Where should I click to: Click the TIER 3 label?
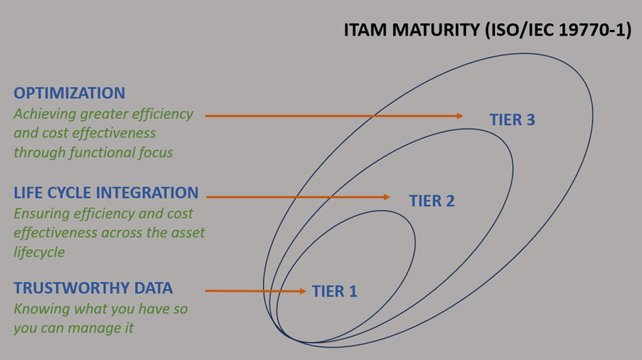512,120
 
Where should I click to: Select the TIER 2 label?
432,201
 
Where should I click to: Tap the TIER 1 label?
334,291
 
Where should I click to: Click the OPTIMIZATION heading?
70,93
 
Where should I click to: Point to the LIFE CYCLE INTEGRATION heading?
106,193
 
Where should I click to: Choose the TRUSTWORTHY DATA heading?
93,288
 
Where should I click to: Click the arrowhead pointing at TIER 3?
459,116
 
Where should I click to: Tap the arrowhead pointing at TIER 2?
386,197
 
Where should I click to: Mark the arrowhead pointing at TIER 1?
302,291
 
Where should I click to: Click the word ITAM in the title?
365,31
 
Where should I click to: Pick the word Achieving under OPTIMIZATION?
45,114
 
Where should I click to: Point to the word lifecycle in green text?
39,252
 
